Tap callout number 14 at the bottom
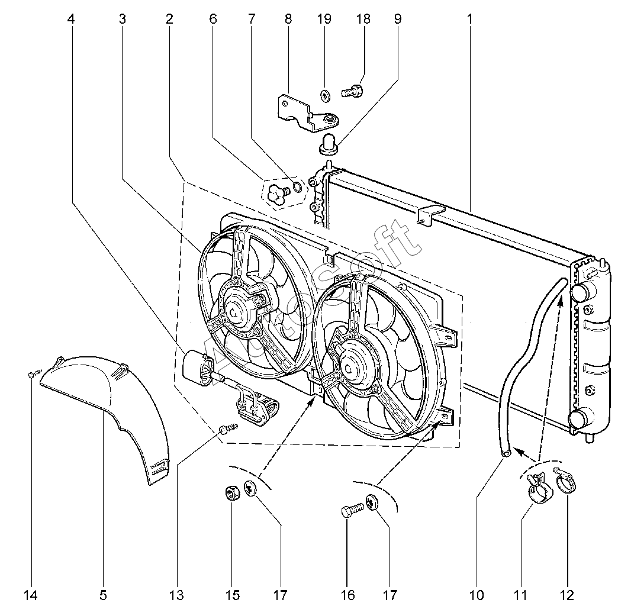(x=32, y=594)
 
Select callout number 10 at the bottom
(x=477, y=594)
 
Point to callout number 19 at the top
(x=324, y=19)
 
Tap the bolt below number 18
(x=352, y=92)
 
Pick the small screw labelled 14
(x=34, y=373)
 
